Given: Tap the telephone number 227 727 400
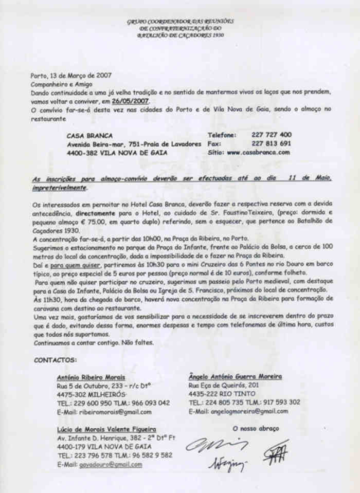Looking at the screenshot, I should pos(272,135).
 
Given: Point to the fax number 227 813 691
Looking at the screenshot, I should pos(272,143).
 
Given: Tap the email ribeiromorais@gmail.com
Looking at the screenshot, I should pos(104,412).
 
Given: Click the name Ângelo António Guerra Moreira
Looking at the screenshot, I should pos(235,377).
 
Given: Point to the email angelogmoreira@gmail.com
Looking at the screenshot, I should pos(238,411).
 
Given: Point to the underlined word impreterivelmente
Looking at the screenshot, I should pos(59,188).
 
